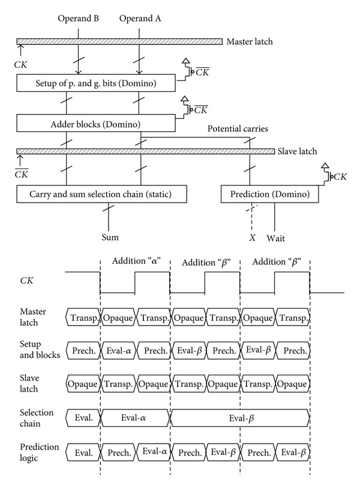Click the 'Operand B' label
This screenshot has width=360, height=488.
point(78,19)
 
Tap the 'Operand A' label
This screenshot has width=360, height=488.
point(140,19)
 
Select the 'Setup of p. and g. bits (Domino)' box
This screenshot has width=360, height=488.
point(96,83)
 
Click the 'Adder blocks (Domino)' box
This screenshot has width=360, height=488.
point(96,123)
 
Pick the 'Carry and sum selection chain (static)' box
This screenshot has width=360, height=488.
point(101,194)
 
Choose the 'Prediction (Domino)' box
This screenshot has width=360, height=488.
point(269,194)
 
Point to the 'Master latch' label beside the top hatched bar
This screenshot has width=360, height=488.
point(250,42)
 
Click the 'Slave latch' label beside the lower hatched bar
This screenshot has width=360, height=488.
point(297,151)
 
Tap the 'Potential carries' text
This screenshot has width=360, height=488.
point(238,129)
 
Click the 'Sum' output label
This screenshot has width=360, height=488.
point(110,237)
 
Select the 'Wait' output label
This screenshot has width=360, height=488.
point(275,239)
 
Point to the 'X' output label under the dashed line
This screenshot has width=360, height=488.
point(252,238)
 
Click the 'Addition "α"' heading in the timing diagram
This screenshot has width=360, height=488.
point(136,261)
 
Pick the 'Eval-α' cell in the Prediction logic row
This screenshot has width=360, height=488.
point(154,452)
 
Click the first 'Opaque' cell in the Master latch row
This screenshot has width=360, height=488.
point(118,318)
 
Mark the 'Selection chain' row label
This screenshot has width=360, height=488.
point(37,418)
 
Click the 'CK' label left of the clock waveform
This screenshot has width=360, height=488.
point(26,281)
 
